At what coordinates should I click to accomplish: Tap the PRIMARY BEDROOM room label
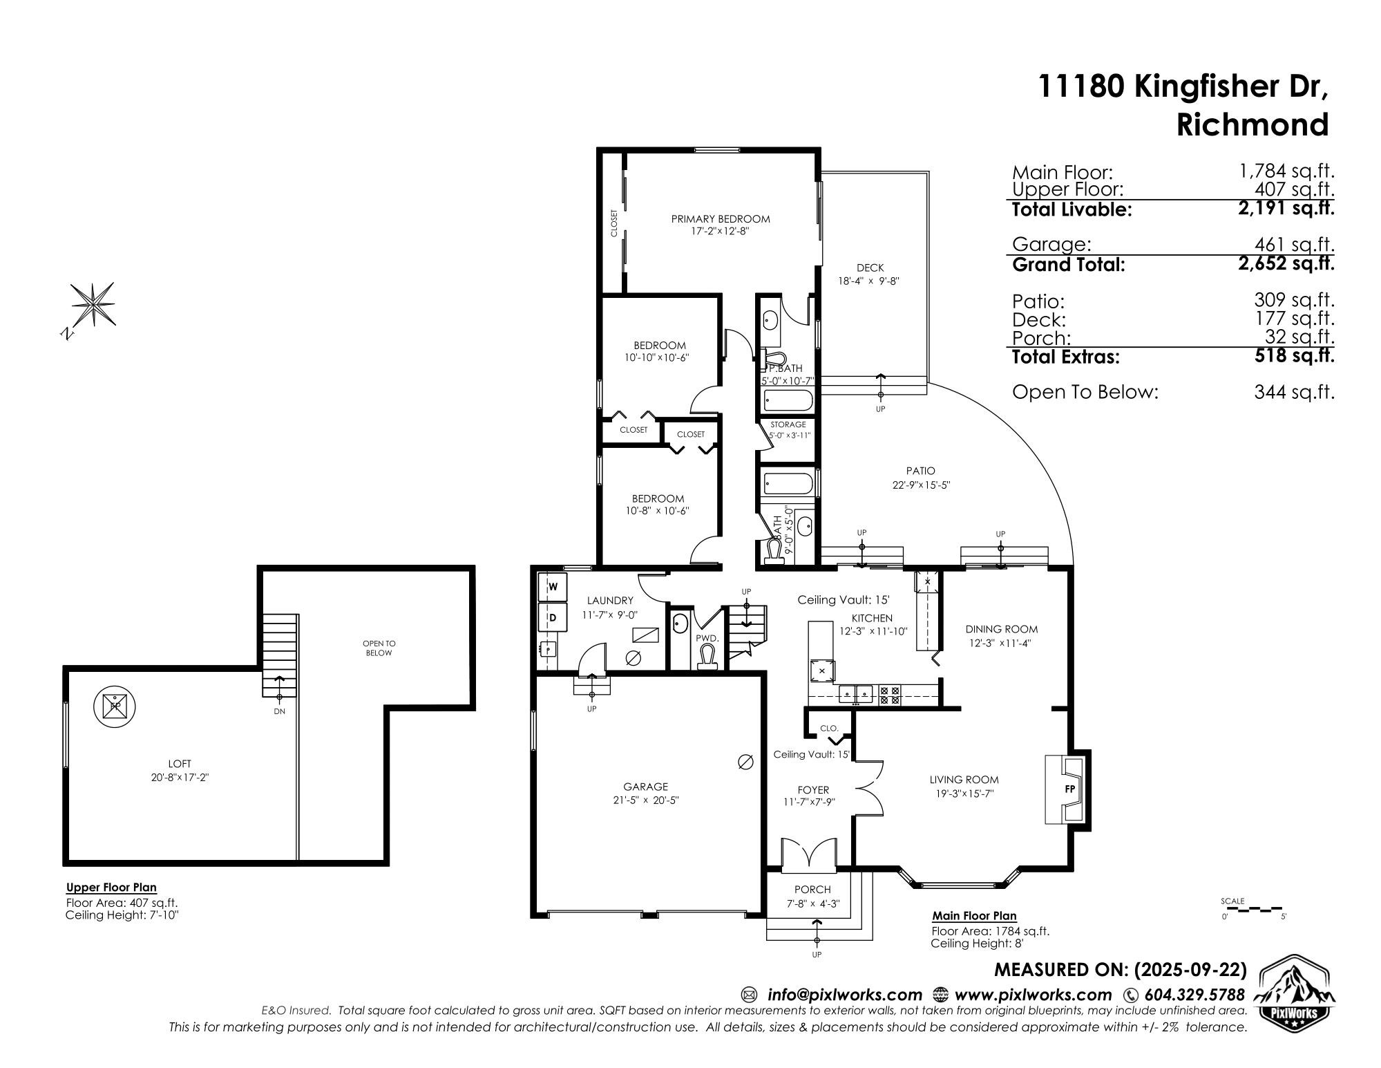(x=721, y=219)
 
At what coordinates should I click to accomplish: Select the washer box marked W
(x=553, y=587)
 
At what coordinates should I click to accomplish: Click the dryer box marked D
(x=553, y=616)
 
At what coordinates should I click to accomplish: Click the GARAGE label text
(x=646, y=787)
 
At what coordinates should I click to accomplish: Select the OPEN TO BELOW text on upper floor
(x=379, y=648)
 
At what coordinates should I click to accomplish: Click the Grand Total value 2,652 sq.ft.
(x=1286, y=263)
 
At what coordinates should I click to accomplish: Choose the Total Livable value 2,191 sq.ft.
(x=1286, y=208)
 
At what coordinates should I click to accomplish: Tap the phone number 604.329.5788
(x=1194, y=995)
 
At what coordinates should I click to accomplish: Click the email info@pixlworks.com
(x=845, y=995)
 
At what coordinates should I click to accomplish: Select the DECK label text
(x=870, y=268)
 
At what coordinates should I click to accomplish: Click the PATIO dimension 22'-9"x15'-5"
(x=921, y=485)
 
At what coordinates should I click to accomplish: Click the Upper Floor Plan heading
(x=111, y=888)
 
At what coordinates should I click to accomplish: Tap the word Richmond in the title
(x=1253, y=125)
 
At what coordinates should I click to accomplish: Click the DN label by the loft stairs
(x=279, y=711)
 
